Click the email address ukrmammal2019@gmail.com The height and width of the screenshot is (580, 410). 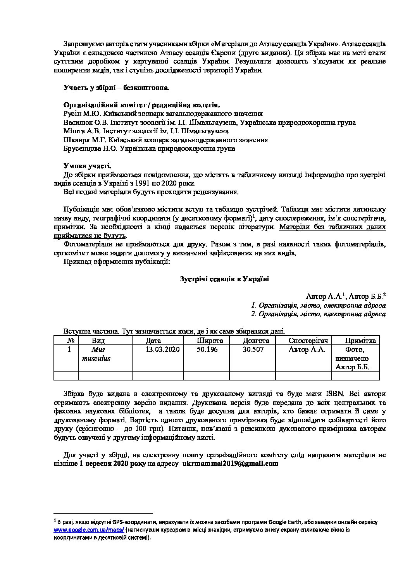click(x=230, y=463)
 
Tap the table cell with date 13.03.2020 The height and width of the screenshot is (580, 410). click(x=163, y=349)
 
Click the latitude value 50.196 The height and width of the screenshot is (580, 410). click(x=207, y=349)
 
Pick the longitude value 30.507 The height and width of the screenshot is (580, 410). click(x=253, y=349)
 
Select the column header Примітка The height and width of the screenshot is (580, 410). click(x=360, y=341)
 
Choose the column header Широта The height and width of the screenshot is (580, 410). click(x=210, y=341)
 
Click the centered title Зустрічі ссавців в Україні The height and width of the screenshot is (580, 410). click(x=225, y=279)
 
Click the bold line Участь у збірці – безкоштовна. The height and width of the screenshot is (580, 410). click(x=117, y=88)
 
